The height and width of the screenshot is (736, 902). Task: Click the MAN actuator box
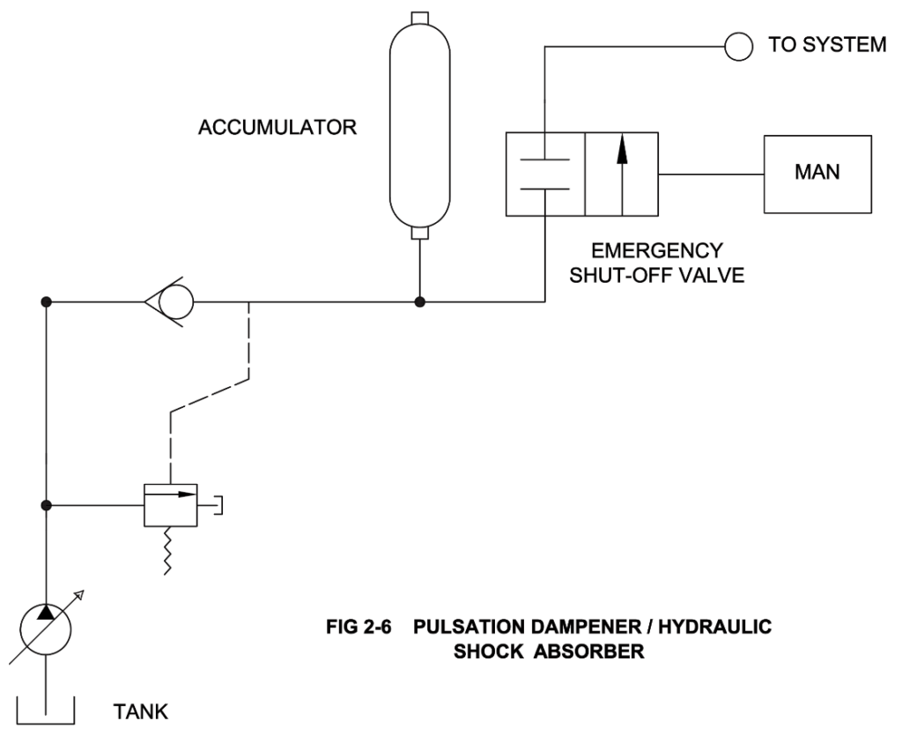(817, 174)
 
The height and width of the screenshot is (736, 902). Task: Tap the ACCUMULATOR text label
(277, 128)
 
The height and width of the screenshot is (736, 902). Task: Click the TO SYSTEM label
(827, 45)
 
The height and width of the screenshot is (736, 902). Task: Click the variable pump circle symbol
(45, 628)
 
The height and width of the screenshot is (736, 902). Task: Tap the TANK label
(141, 711)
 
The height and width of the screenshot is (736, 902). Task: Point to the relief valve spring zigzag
(167, 551)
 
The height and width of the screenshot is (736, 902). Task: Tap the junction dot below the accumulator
(421, 302)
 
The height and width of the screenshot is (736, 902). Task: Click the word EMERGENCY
(656, 250)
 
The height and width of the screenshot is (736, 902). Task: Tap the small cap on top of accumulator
(421, 17)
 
